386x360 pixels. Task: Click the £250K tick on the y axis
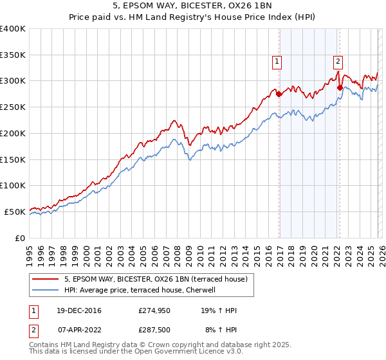(13, 107)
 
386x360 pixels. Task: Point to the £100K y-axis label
(13, 185)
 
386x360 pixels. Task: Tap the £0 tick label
(19, 238)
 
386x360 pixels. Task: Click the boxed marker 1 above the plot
(277, 62)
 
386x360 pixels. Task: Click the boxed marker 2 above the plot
(337, 62)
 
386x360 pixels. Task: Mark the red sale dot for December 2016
(279, 94)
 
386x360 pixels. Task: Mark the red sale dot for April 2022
(340, 87)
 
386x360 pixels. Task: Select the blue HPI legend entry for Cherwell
(143, 291)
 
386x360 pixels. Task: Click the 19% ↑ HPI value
(219, 310)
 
